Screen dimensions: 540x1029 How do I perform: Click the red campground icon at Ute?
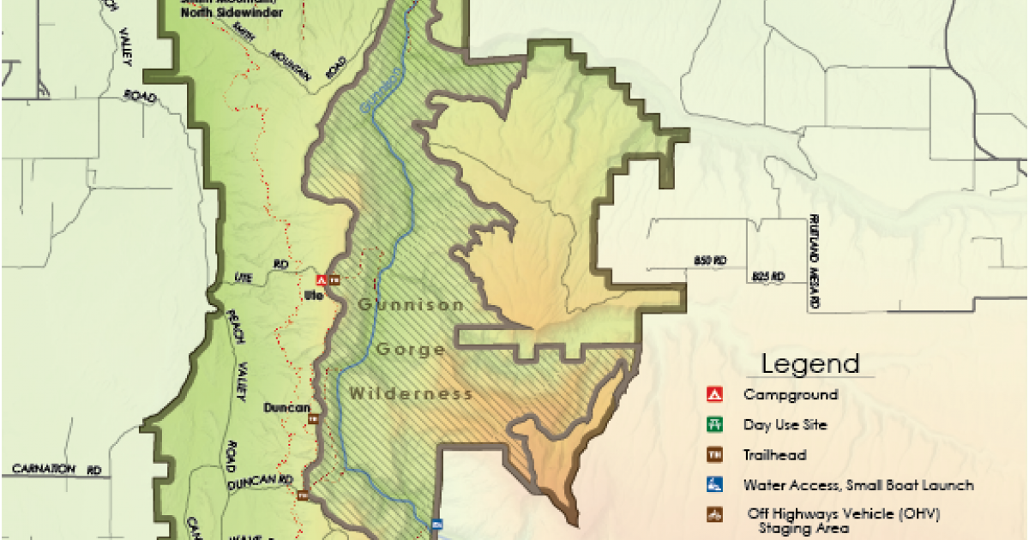[321, 279]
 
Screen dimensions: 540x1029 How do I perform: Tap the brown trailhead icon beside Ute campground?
[334, 279]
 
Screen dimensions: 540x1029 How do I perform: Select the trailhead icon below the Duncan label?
[314, 419]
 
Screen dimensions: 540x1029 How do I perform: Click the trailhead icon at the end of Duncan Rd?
[302, 495]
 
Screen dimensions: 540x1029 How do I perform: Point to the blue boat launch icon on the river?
[436, 523]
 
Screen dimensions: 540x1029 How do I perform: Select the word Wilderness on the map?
[412, 394]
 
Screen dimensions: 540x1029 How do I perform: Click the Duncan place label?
[286, 408]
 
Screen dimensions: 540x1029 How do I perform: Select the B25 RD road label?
[768, 276]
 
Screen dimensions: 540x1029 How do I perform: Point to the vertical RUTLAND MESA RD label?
[815, 262]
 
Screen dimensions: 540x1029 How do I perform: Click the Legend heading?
[810, 364]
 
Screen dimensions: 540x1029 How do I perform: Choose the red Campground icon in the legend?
[714, 395]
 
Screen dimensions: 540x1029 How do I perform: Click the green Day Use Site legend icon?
[714, 425]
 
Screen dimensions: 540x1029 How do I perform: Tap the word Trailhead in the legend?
[775, 455]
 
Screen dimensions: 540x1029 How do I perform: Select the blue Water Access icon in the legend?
[714, 485]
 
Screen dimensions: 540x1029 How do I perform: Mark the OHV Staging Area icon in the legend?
[714, 515]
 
